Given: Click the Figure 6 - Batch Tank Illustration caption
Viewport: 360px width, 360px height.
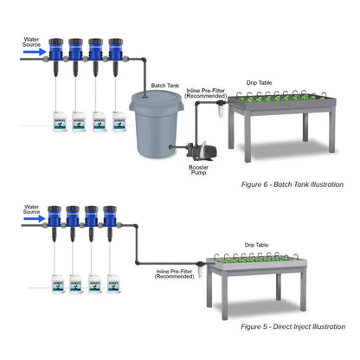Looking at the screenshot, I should coord(292,184).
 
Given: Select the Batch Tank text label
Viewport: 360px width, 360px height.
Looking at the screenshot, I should coord(164,86).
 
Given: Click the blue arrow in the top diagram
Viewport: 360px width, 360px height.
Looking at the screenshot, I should coord(35,51).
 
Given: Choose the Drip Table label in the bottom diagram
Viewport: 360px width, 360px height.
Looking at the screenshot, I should coord(255,245).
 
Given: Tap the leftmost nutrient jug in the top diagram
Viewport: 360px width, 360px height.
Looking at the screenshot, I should coord(57,125).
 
